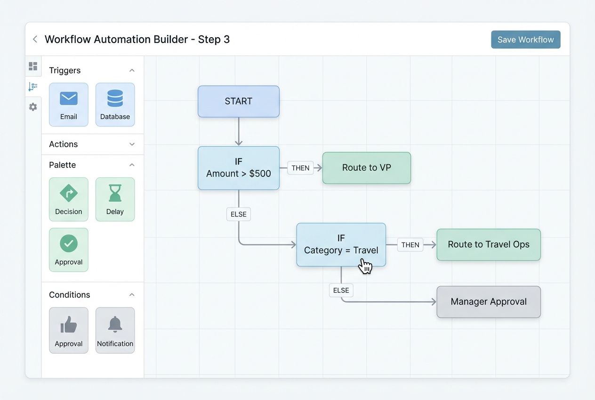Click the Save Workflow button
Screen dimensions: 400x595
click(525, 40)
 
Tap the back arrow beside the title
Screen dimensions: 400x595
click(35, 39)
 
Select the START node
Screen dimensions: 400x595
click(238, 101)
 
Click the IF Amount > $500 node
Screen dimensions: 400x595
click(238, 168)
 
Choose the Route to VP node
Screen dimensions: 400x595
click(366, 168)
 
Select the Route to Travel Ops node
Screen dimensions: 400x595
click(488, 244)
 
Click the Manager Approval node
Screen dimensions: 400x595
click(488, 302)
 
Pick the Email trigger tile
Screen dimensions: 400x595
click(69, 105)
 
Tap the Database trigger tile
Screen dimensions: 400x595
click(115, 105)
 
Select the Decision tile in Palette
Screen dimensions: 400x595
click(69, 199)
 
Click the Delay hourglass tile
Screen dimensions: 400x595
click(115, 199)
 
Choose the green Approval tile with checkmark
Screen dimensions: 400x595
click(69, 250)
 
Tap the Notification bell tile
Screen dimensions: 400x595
click(115, 330)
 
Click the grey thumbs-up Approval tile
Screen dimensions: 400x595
click(69, 330)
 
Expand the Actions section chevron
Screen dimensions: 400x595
click(132, 144)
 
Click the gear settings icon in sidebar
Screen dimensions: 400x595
click(33, 107)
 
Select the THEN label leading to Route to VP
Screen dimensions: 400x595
click(300, 168)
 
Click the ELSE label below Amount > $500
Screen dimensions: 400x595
click(238, 214)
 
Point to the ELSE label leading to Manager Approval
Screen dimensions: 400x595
click(341, 291)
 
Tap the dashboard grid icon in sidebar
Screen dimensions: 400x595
click(33, 66)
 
